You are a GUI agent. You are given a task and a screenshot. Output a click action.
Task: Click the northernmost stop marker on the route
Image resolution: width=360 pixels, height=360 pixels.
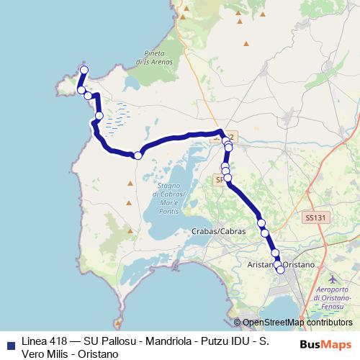[84, 70]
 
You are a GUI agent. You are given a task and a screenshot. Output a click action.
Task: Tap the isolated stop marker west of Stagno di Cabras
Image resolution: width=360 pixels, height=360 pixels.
[138, 155]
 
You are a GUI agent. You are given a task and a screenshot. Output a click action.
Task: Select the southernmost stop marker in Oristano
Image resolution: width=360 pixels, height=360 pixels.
[280, 270]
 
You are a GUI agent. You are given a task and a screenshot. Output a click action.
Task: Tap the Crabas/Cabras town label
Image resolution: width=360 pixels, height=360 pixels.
[219, 232]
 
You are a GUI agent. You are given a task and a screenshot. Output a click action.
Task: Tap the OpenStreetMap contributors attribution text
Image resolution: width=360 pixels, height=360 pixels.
[295, 323]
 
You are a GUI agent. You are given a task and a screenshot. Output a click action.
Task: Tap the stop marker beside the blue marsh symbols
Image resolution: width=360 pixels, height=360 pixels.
[99, 115]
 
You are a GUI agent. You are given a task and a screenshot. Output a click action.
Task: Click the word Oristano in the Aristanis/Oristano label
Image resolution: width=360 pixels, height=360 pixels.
[299, 265]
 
